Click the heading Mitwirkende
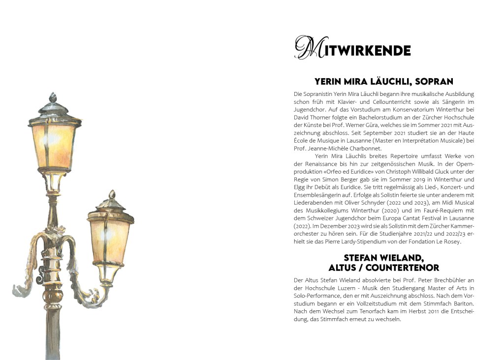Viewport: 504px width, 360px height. point(352,50)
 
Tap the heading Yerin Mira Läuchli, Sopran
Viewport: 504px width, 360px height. point(383,82)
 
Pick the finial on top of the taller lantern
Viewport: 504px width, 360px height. point(53,97)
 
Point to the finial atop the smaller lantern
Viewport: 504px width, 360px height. point(112,195)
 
